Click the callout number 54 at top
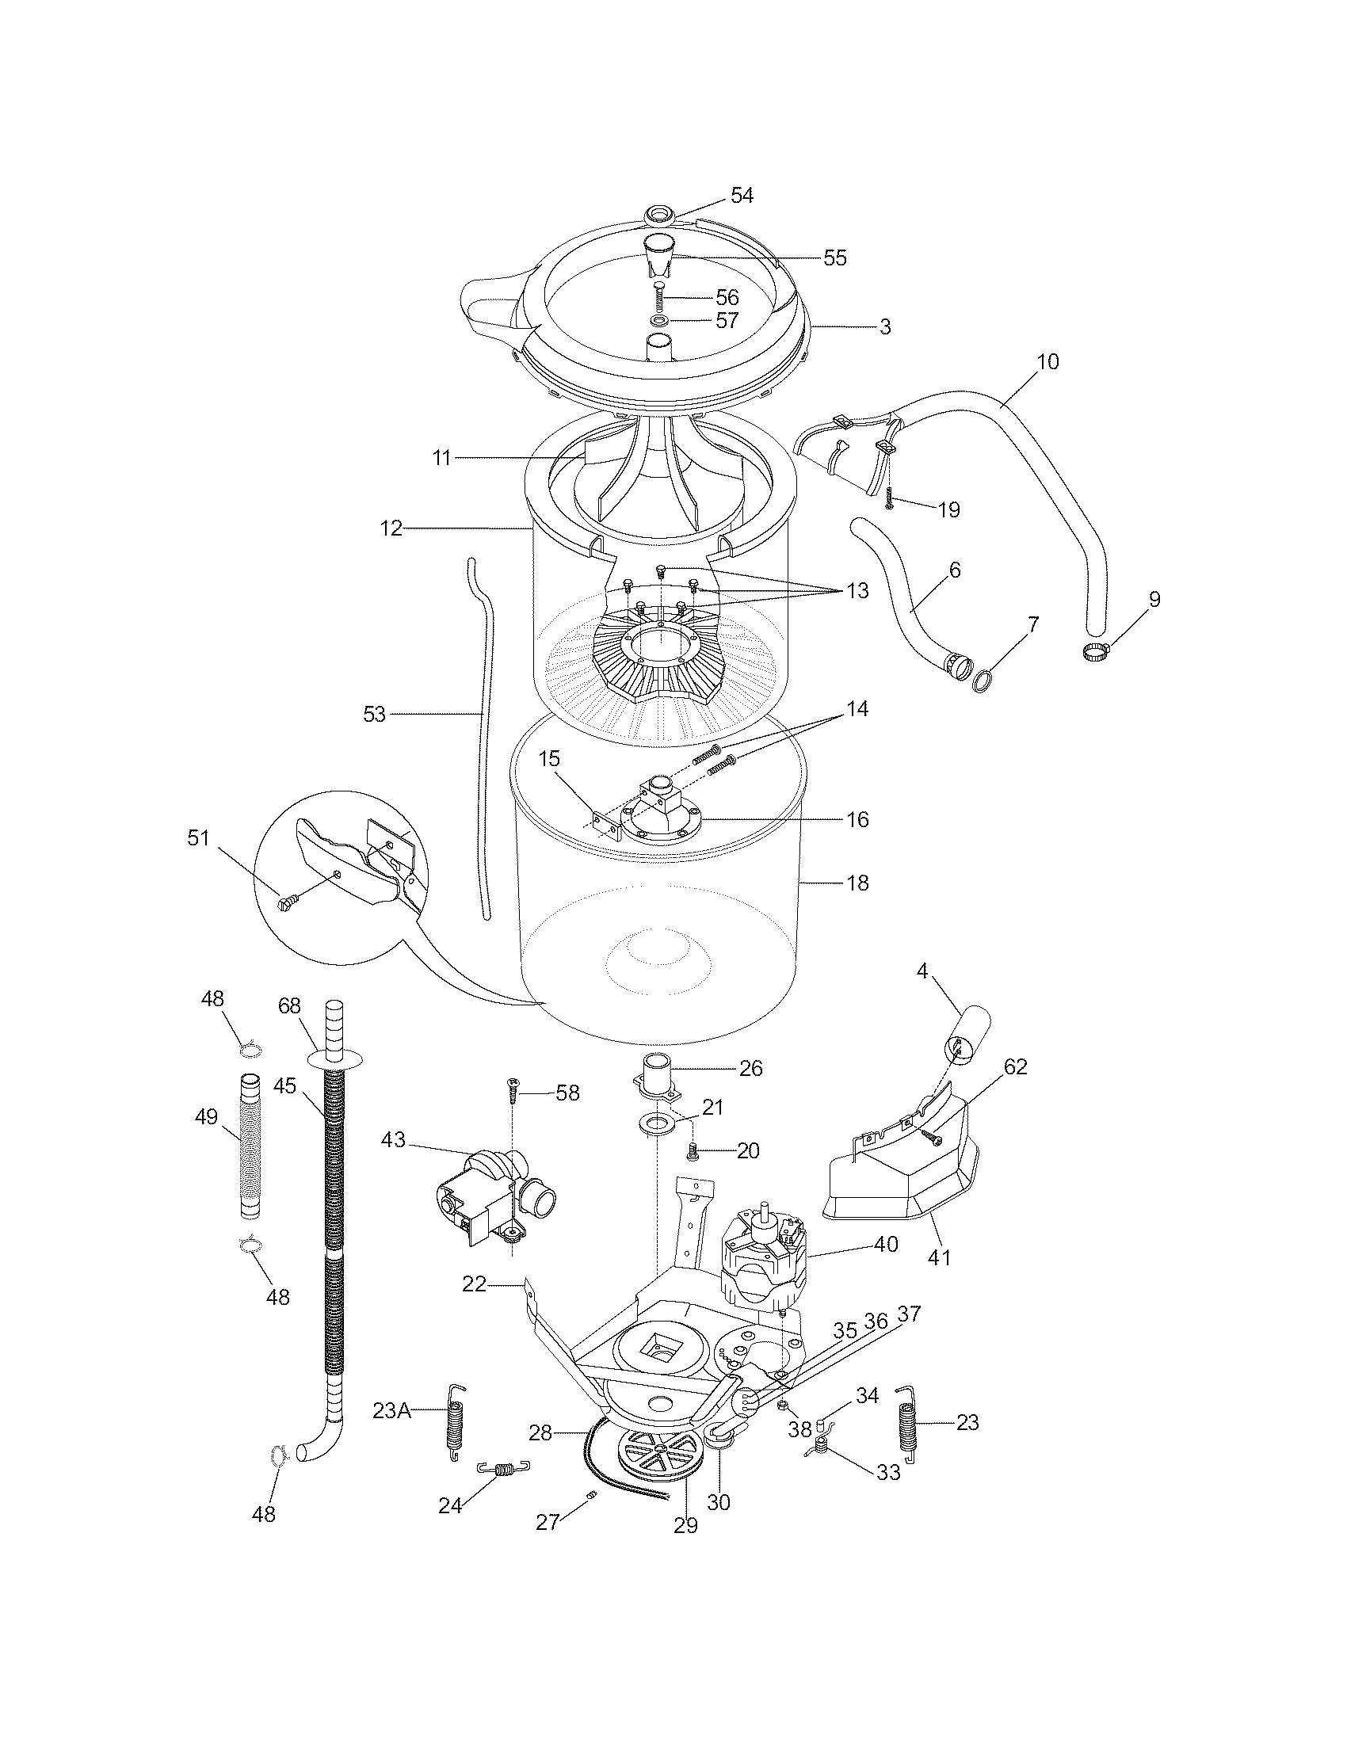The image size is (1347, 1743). point(742,196)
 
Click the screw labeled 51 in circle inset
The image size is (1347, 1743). point(287,903)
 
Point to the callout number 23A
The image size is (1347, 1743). point(391,1410)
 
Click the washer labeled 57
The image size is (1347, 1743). point(659,320)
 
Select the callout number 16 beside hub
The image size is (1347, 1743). point(857,820)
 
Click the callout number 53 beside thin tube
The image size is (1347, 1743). point(374,715)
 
